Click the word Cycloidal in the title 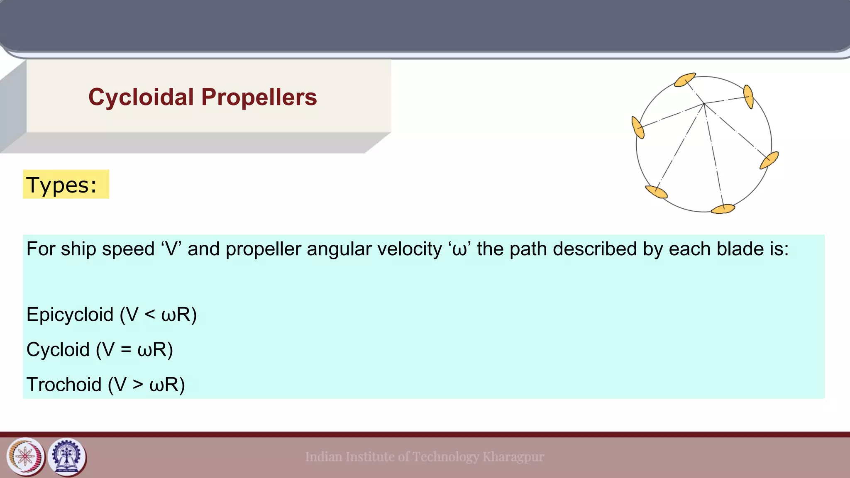[x=141, y=98]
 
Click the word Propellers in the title [x=259, y=98]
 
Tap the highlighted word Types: [x=61, y=185]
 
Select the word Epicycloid [x=70, y=315]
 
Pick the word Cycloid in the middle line [x=58, y=349]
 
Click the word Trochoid [x=64, y=385]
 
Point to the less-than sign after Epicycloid [x=150, y=315]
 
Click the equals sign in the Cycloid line [x=126, y=350]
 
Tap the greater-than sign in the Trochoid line [x=138, y=385]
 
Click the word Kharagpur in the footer [x=513, y=457]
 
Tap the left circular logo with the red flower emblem [x=25, y=457]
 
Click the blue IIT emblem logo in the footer [x=67, y=457]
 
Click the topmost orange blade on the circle [x=685, y=80]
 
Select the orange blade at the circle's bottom [x=723, y=209]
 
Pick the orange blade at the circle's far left [x=637, y=127]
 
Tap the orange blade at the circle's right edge [x=769, y=160]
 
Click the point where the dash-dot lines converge [x=704, y=104]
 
